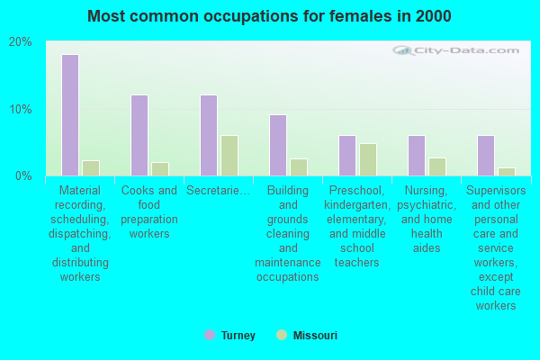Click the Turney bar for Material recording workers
pos(70,115)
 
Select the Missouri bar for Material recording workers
pos(91,168)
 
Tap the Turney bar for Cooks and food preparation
pos(139,135)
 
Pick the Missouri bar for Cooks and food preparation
pos(160,169)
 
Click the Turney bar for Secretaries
pos(209,135)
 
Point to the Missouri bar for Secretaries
pos(229,156)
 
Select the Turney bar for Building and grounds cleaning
pos(278,145)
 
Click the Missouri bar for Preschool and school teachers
pos(368,159)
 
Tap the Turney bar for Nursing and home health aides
pos(417,156)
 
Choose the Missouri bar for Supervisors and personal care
pos(507,172)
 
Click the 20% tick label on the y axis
pos(20,42)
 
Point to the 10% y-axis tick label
pos(20,109)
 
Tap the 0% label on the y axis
pos(23,175)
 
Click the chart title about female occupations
pos(270,16)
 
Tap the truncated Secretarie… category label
pos(219,191)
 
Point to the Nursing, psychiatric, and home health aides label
pos(427,219)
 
